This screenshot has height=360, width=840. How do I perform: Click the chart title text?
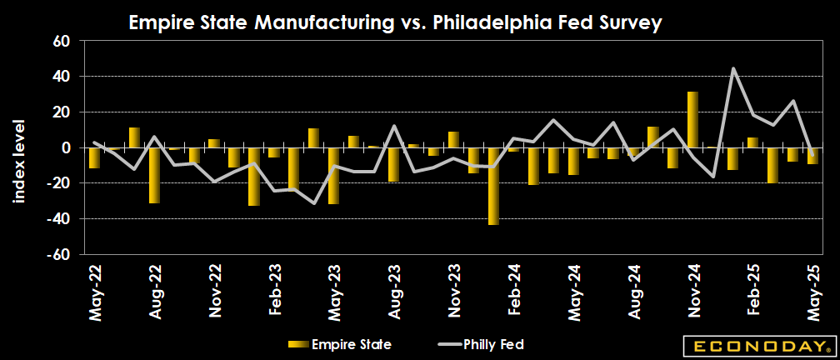395,23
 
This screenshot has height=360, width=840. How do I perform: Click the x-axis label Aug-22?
155,291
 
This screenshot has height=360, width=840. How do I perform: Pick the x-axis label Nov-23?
453,291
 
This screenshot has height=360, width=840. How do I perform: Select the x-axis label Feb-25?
752,291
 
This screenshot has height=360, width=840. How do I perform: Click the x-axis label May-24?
573,291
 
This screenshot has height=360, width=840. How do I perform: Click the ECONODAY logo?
757,345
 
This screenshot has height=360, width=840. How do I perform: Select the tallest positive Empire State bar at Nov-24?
692,119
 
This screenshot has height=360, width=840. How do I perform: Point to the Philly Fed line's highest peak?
733,68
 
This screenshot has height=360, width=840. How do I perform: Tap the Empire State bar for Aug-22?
154,175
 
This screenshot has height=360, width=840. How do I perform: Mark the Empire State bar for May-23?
333,176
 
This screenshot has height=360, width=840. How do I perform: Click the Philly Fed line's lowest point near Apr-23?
314,202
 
